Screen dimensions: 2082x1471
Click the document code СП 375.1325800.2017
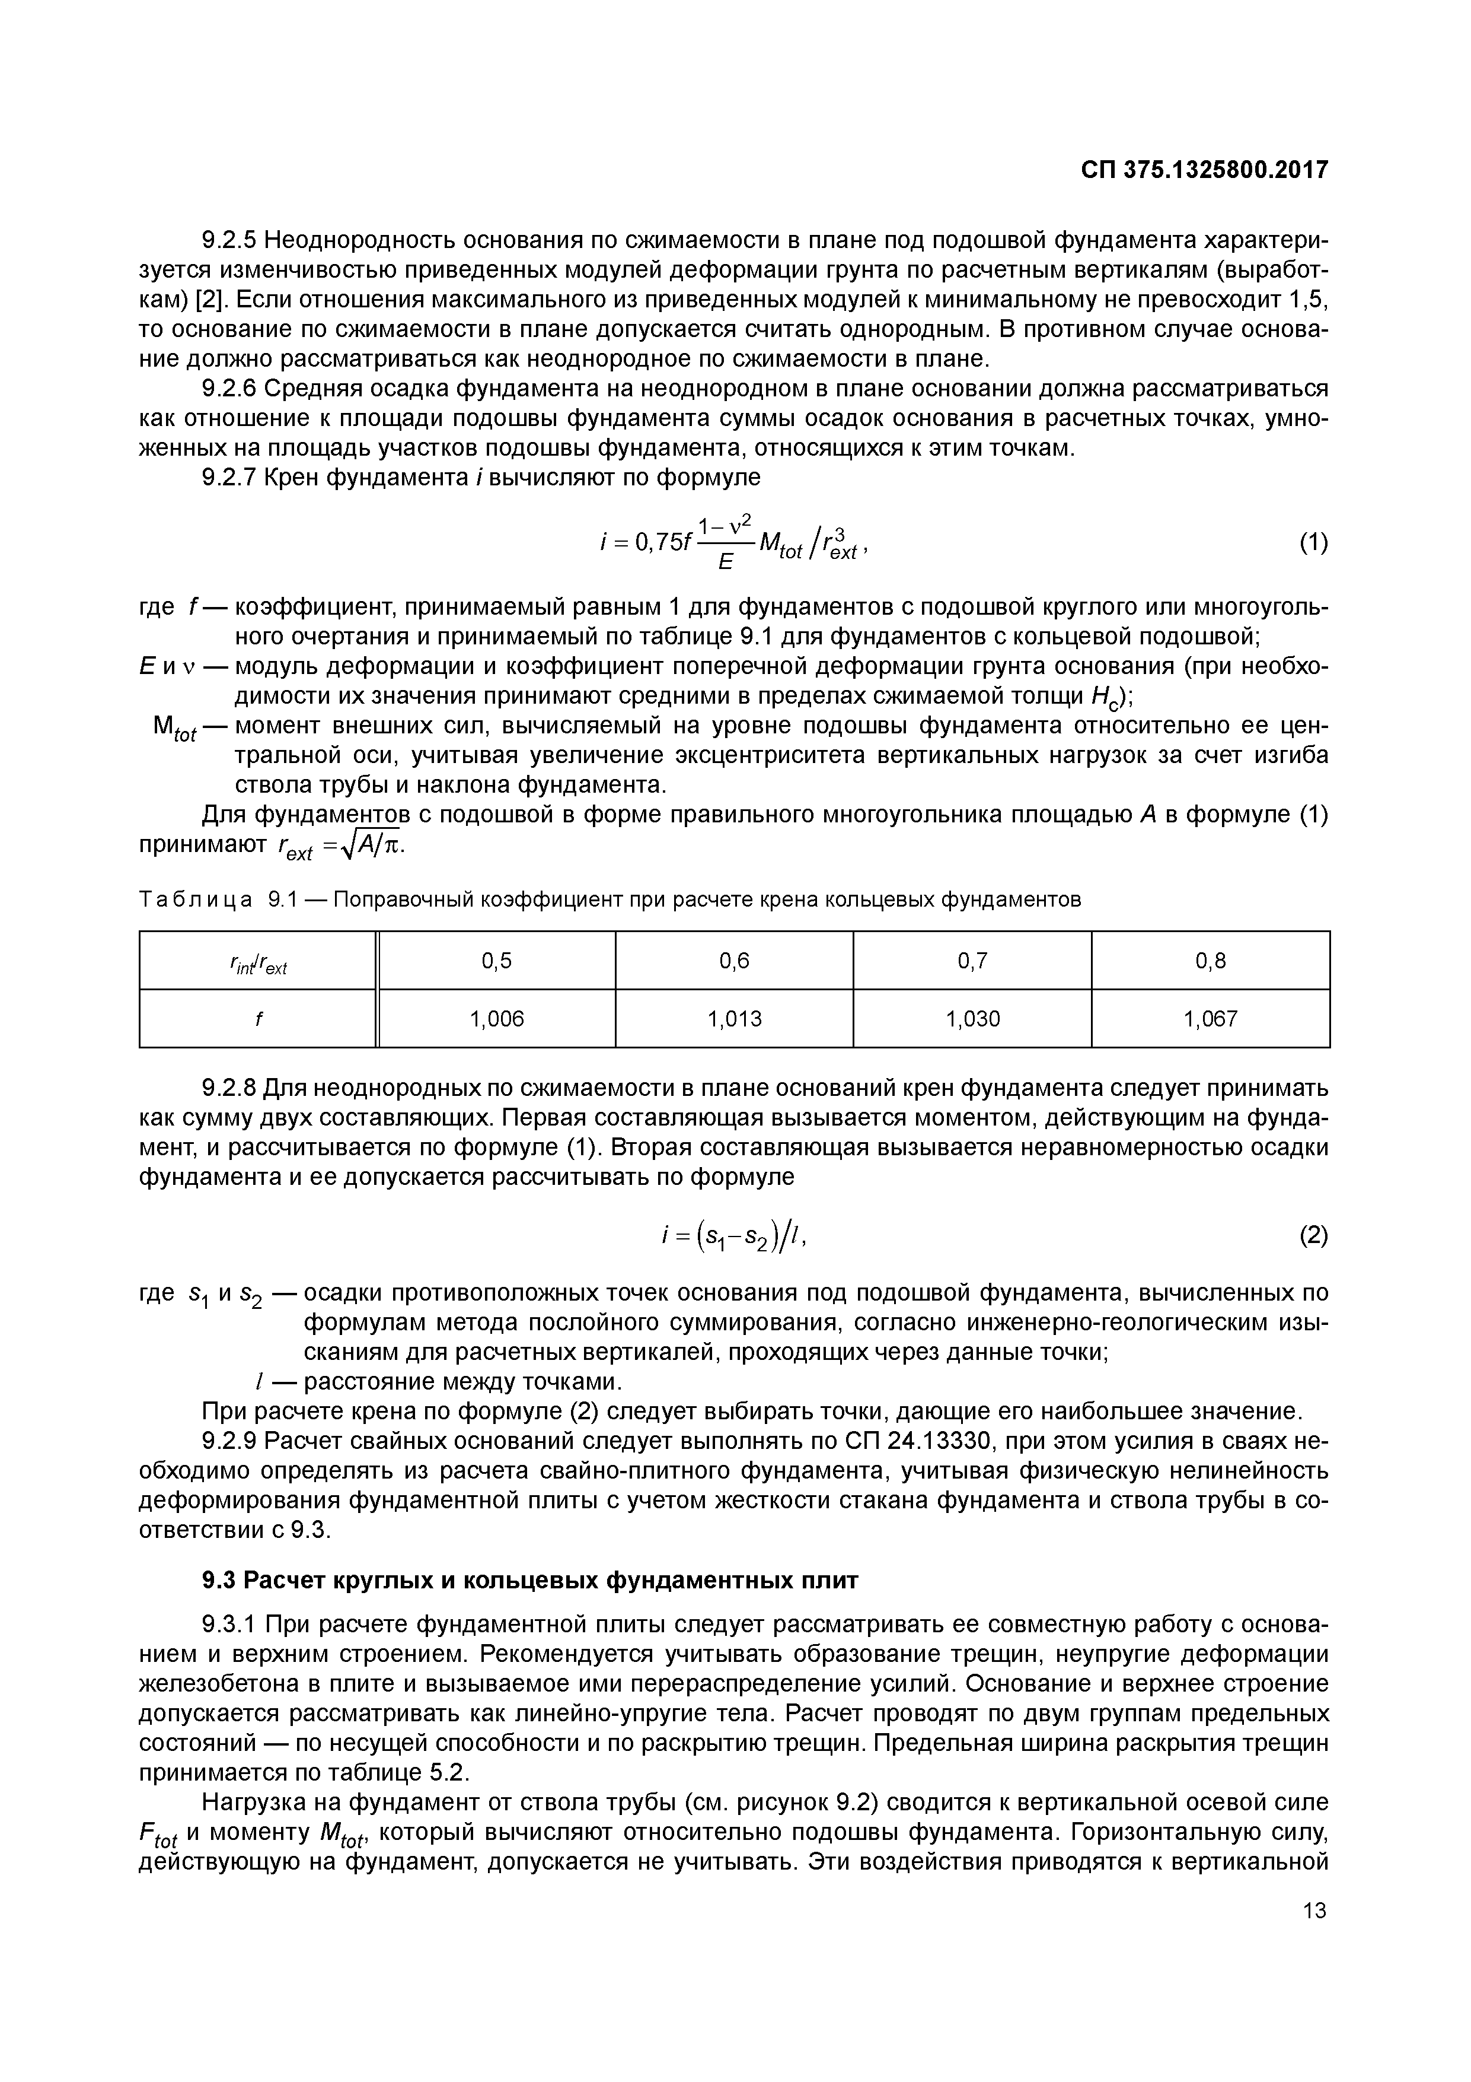coord(1204,170)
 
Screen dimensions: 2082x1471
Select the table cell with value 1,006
coord(497,1018)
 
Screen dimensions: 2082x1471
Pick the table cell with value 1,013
coord(734,1018)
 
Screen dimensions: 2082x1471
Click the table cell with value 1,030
coord(972,1018)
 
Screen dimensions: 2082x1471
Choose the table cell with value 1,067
coord(1210,1018)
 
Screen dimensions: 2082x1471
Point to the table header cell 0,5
coord(497,960)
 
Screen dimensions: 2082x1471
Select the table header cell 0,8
coord(1210,960)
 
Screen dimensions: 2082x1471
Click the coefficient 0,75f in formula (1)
coord(662,543)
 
